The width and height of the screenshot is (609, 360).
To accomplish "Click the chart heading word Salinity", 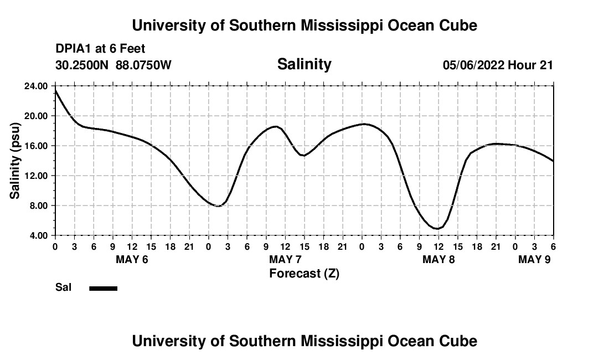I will pos(304,64).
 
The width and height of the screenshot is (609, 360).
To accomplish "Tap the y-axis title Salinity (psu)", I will pos(16,161).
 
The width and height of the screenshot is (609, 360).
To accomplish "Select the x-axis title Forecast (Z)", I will pos(304,273).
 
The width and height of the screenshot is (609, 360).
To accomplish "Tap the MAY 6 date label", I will pos(132,259).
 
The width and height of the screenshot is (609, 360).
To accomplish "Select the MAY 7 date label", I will pos(285,259).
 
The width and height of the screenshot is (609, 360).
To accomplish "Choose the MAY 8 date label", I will pos(438,259).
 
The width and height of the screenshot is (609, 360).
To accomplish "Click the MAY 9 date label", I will pos(534,259).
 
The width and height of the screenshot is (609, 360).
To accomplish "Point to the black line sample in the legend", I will pos(103,288).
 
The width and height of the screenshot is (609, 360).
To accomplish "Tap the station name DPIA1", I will pos(73,49).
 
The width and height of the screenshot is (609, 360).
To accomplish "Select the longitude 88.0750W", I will pos(143,65).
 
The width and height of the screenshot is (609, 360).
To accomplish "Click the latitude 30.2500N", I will pos(82,65).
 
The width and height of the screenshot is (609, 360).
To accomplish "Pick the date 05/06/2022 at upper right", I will pos(473,65).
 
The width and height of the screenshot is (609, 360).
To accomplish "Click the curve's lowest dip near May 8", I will pos(437,228).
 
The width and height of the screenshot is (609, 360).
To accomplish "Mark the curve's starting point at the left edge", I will pos(55,90).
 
